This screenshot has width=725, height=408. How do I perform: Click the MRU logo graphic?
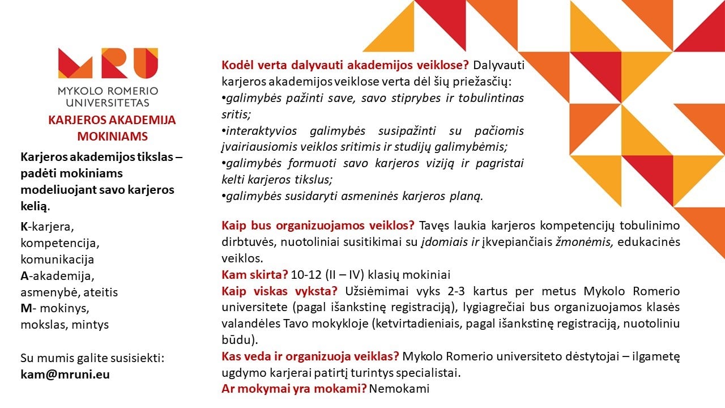click(108, 63)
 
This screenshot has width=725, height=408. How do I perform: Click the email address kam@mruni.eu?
click(65, 375)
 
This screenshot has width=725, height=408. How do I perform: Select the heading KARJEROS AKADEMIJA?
click(112, 120)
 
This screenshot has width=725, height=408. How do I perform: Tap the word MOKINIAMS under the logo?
click(112, 136)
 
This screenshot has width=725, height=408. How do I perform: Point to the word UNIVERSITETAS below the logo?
click(108, 103)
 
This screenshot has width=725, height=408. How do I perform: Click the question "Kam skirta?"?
click(255, 275)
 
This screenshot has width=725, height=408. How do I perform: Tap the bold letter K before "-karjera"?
click(24, 227)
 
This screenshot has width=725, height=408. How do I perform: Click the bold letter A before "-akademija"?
click(24, 276)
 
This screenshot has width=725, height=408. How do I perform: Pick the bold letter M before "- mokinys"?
click(25, 309)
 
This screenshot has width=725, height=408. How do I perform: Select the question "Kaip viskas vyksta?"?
click(280, 291)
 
